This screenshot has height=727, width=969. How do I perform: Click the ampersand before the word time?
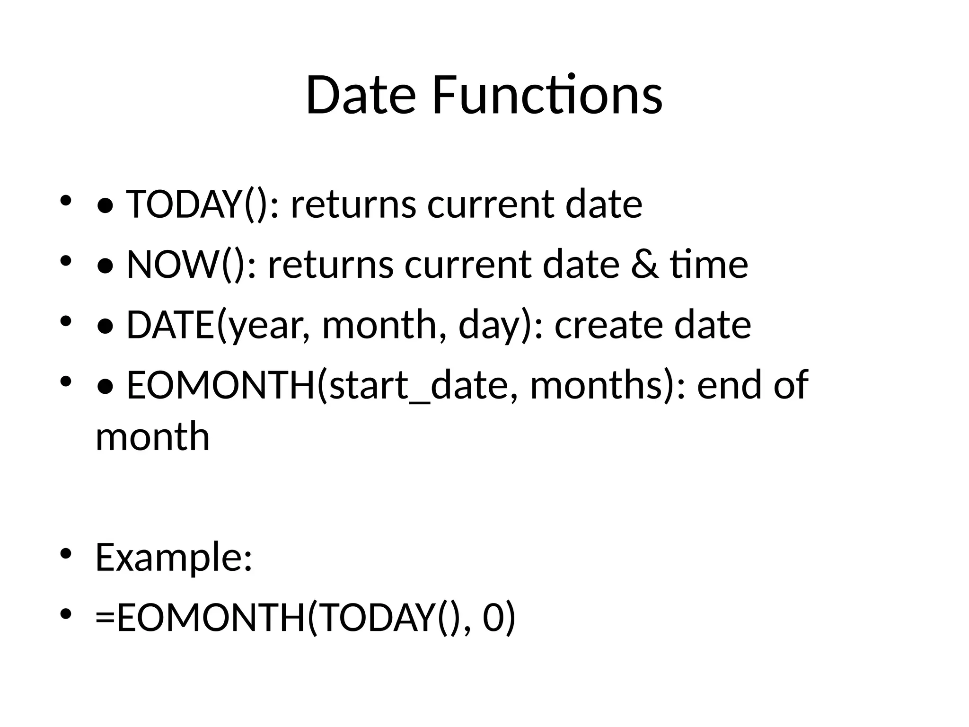[644, 265]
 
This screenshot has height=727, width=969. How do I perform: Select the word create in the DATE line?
[608, 325]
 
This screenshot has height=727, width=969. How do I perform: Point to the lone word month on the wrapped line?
[152, 437]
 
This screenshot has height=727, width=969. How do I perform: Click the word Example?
[174, 558]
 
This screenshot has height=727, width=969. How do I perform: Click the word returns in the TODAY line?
[353, 204]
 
